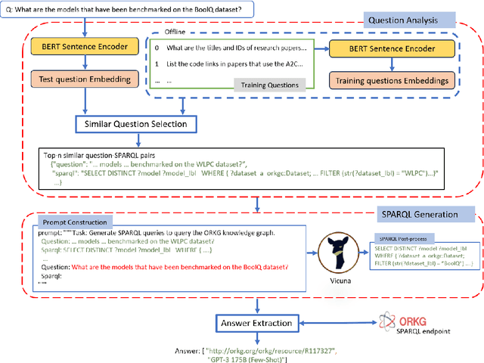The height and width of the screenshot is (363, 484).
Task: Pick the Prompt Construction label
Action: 74,222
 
